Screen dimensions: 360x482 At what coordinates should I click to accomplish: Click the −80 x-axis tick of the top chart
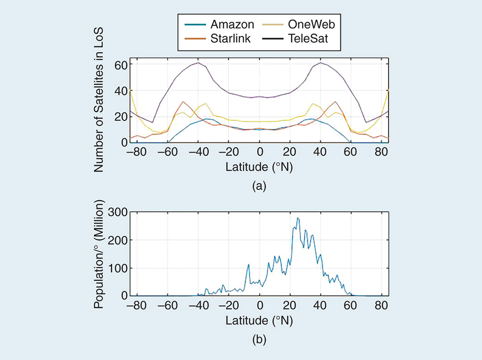[x=135, y=153]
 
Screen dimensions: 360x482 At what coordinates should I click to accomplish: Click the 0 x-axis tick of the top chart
[x=260, y=153]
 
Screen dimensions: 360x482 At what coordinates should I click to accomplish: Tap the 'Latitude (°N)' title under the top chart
[x=259, y=166]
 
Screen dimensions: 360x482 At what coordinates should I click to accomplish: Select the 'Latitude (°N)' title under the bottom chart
[x=259, y=320]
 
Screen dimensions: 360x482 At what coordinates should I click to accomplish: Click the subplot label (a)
[x=259, y=186]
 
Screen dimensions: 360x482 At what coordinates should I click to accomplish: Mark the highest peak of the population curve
[x=298, y=218]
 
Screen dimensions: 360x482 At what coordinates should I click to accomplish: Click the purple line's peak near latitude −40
[x=198, y=62]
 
